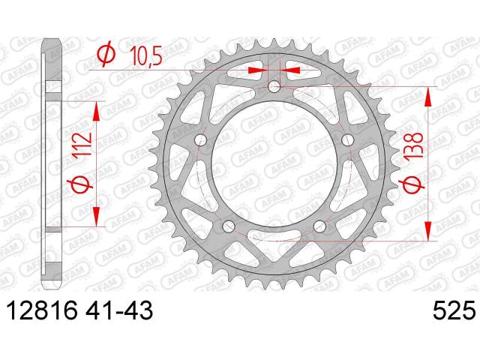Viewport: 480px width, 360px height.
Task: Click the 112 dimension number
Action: tap(82, 144)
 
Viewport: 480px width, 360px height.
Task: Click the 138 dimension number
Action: tap(415, 145)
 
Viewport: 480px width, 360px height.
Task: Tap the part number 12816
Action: tap(43, 310)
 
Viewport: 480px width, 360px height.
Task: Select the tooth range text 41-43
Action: tap(118, 310)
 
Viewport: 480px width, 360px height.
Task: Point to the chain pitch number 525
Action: tap(454, 310)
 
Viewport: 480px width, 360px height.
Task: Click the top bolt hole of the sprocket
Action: tap(274, 86)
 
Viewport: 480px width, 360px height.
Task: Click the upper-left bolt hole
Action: tap(201, 139)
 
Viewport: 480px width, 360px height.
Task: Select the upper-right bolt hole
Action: tap(347, 140)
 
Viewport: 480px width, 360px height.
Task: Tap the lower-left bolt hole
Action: tap(229, 226)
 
